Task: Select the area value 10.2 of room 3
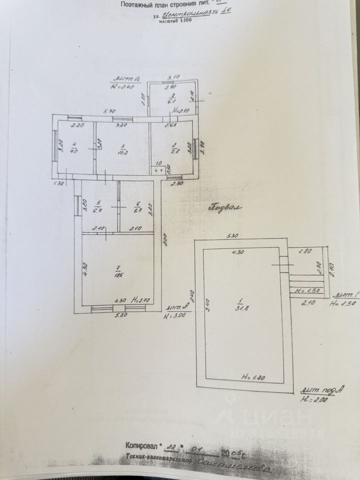[x=120, y=153]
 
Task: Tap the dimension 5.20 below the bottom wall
[x=119, y=316]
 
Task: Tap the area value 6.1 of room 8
[x=172, y=100]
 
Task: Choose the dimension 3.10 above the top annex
[x=173, y=77]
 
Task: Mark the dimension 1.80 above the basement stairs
[x=305, y=252]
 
